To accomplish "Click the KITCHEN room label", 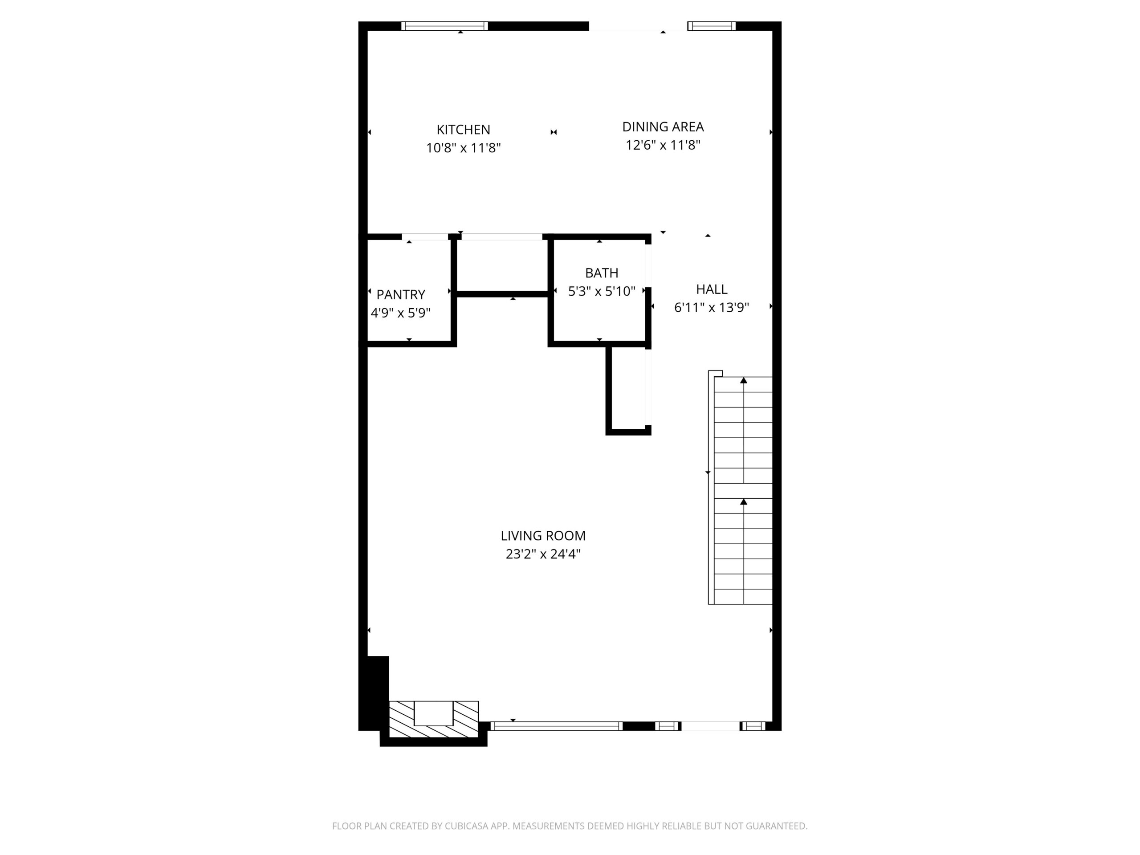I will coord(463,129).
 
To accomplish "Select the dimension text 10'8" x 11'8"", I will coord(463,148).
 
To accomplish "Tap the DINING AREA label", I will coord(662,127).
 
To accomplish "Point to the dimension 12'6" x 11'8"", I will coord(662,145).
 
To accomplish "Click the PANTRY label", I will coord(400,295).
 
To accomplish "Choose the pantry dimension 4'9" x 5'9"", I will coord(400,313).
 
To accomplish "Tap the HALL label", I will coord(711,289).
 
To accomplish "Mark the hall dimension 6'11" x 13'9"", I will coord(711,308).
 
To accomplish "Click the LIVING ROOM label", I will coord(543,535).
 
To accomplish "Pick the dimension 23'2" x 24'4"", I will coord(543,554).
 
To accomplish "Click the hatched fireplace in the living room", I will coord(433,719).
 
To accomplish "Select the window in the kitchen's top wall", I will coord(444,26).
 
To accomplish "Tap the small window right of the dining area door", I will coord(711,26).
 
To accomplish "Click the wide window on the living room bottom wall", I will coord(556,726).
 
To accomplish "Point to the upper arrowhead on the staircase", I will coord(743,380).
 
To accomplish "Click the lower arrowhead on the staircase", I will coord(743,501).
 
